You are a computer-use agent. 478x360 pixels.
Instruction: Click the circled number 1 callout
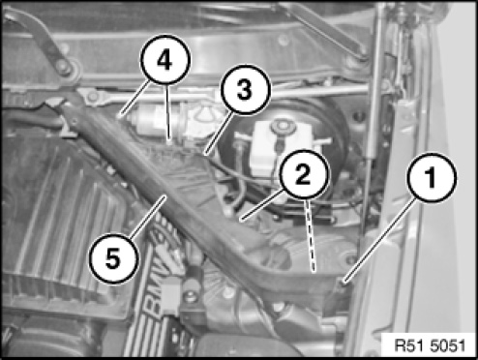click(432, 178)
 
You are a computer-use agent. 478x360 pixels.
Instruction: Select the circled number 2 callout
click(304, 174)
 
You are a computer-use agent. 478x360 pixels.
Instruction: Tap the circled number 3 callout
click(245, 89)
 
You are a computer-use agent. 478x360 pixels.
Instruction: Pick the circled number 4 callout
click(165, 60)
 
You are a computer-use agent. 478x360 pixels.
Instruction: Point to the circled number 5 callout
click(113, 259)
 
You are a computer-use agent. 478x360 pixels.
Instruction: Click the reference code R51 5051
click(430, 345)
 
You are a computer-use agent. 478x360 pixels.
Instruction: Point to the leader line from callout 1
click(380, 241)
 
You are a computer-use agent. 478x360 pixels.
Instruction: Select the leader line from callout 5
click(148, 217)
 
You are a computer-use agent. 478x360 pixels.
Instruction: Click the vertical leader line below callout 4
click(167, 113)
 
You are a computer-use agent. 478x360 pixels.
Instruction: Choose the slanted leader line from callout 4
click(135, 97)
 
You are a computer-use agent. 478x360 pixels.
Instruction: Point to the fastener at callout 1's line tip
click(344, 283)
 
